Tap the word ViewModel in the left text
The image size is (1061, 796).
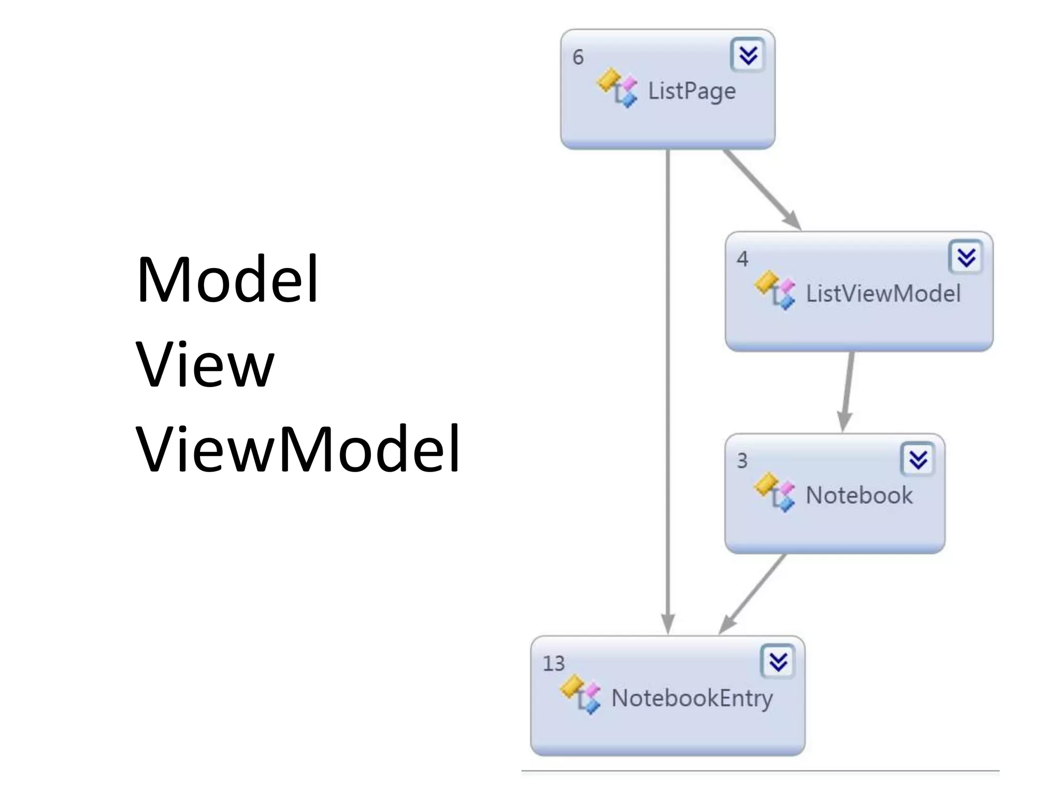click(x=297, y=449)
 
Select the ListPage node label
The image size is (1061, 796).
click(x=692, y=92)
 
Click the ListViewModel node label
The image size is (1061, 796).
click(x=883, y=293)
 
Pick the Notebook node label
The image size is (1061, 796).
click(x=859, y=495)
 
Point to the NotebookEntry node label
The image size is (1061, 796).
click(x=692, y=699)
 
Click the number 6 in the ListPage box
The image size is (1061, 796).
click(x=578, y=57)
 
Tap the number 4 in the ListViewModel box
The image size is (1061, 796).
click(x=742, y=259)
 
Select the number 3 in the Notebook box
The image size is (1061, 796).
click(x=742, y=461)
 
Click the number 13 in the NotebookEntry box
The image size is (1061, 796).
click(x=553, y=664)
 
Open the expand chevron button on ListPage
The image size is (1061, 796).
click(x=748, y=55)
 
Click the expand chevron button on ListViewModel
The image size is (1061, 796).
click(x=966, y=257)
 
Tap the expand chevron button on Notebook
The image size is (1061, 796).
click(x=918, y=459)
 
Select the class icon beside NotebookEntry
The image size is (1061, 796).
click(x=580, y=694)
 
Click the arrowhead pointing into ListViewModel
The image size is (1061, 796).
click(x=793, y=220)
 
